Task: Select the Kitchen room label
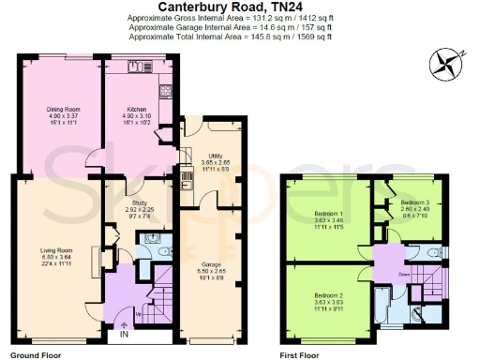139,110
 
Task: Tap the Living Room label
57,250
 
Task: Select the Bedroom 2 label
328,293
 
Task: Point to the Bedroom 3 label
414,202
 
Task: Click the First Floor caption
302,354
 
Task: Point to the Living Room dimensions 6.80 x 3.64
57,257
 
